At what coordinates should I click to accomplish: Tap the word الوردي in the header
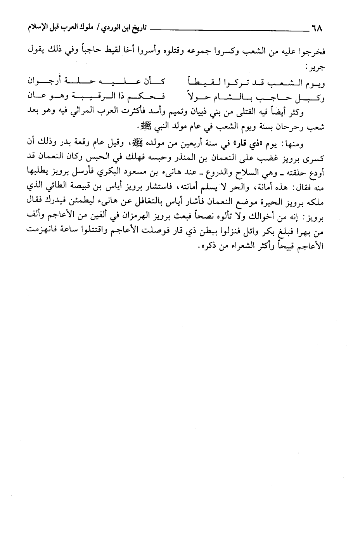(x=109, y=28)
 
